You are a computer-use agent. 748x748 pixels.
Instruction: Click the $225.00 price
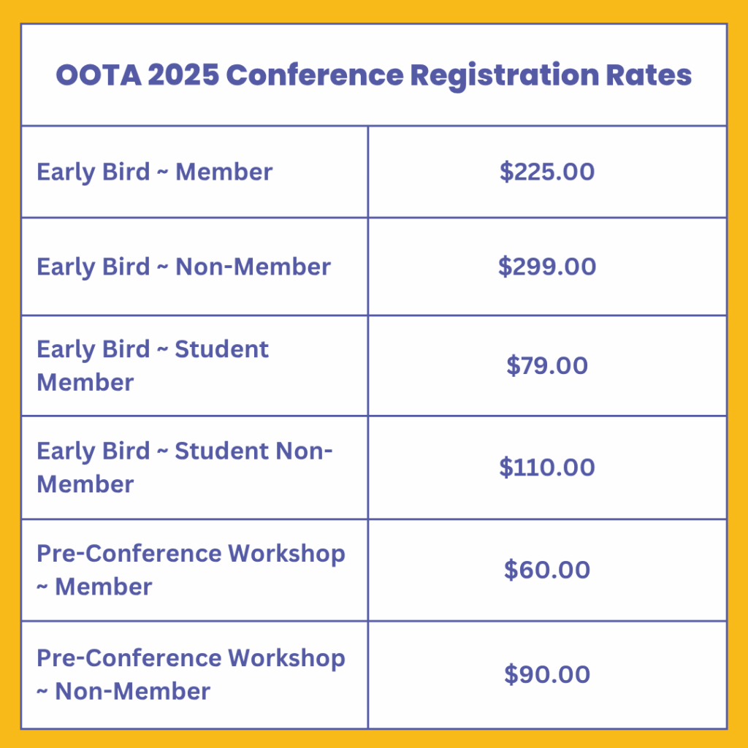(x=547, y=171)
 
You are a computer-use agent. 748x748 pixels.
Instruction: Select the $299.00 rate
(x=547, y=266)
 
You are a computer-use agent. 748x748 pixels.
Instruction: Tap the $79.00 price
(x=547, y=365)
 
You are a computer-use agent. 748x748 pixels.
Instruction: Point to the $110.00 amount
(x=547, y=467)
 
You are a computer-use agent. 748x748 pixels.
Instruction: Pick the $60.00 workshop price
(x=547, y=570)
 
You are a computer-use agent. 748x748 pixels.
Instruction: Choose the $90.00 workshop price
(x=547, y=674)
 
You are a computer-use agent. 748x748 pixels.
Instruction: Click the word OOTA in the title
(x=99, y=75)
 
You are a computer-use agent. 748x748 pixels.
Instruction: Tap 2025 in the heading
(x=183, y=75)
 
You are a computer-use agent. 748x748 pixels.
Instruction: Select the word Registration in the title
(x=504, y=76)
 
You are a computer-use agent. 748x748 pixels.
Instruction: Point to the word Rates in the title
(x=649, y=75)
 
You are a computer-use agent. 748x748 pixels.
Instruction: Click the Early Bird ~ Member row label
(x=155, y=172)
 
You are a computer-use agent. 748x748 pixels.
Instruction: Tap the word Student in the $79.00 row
(x=222, y=349)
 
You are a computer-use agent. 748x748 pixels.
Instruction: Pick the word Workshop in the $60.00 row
(x=286, y=554)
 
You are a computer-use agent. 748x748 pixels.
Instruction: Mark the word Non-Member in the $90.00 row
(x=133, y=691)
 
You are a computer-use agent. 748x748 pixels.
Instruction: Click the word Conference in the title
(x=315, y=75)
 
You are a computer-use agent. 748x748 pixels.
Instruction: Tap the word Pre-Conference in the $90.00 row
(x=129, y=658)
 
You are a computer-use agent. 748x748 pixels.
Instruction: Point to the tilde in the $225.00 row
(x=163, y=172)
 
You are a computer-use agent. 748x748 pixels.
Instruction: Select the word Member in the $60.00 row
(x=104, y=587)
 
